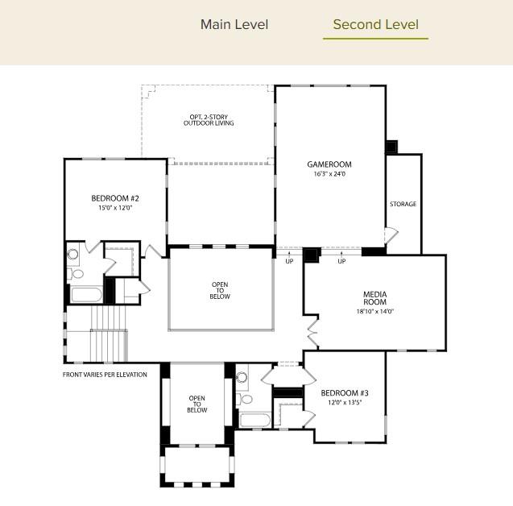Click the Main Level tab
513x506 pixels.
(234, 24)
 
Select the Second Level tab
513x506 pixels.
(375, 24)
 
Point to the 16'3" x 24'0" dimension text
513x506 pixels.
(329, 174)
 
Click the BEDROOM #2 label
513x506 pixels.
(115, 198)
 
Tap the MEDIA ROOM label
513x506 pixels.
(375, 298)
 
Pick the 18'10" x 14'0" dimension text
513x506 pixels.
(375, 312)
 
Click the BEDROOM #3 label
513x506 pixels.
(345, 393)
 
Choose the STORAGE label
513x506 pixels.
(403, 204)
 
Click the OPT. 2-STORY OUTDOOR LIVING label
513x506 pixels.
(209, 120)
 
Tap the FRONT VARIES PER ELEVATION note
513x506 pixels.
(105, 375)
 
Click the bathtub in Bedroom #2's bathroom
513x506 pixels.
(85, 293)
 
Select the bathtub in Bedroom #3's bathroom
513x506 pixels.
(255, 420)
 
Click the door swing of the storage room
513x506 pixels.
(391, 236)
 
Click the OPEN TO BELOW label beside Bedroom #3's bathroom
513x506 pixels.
(197, 404)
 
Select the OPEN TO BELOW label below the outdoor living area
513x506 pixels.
(220, 291)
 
